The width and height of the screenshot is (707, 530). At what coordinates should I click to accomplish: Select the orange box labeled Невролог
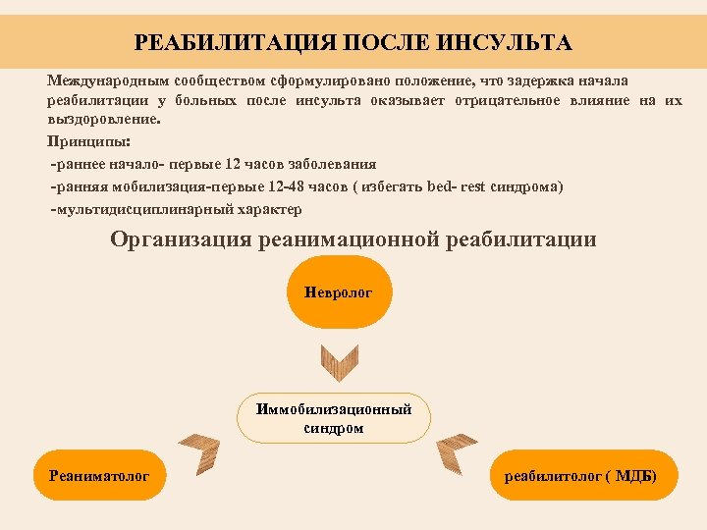click(339, 292)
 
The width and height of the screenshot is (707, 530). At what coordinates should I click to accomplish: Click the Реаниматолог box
click(99, 476)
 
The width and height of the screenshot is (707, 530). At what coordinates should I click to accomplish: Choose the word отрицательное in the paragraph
click(510, 100)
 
